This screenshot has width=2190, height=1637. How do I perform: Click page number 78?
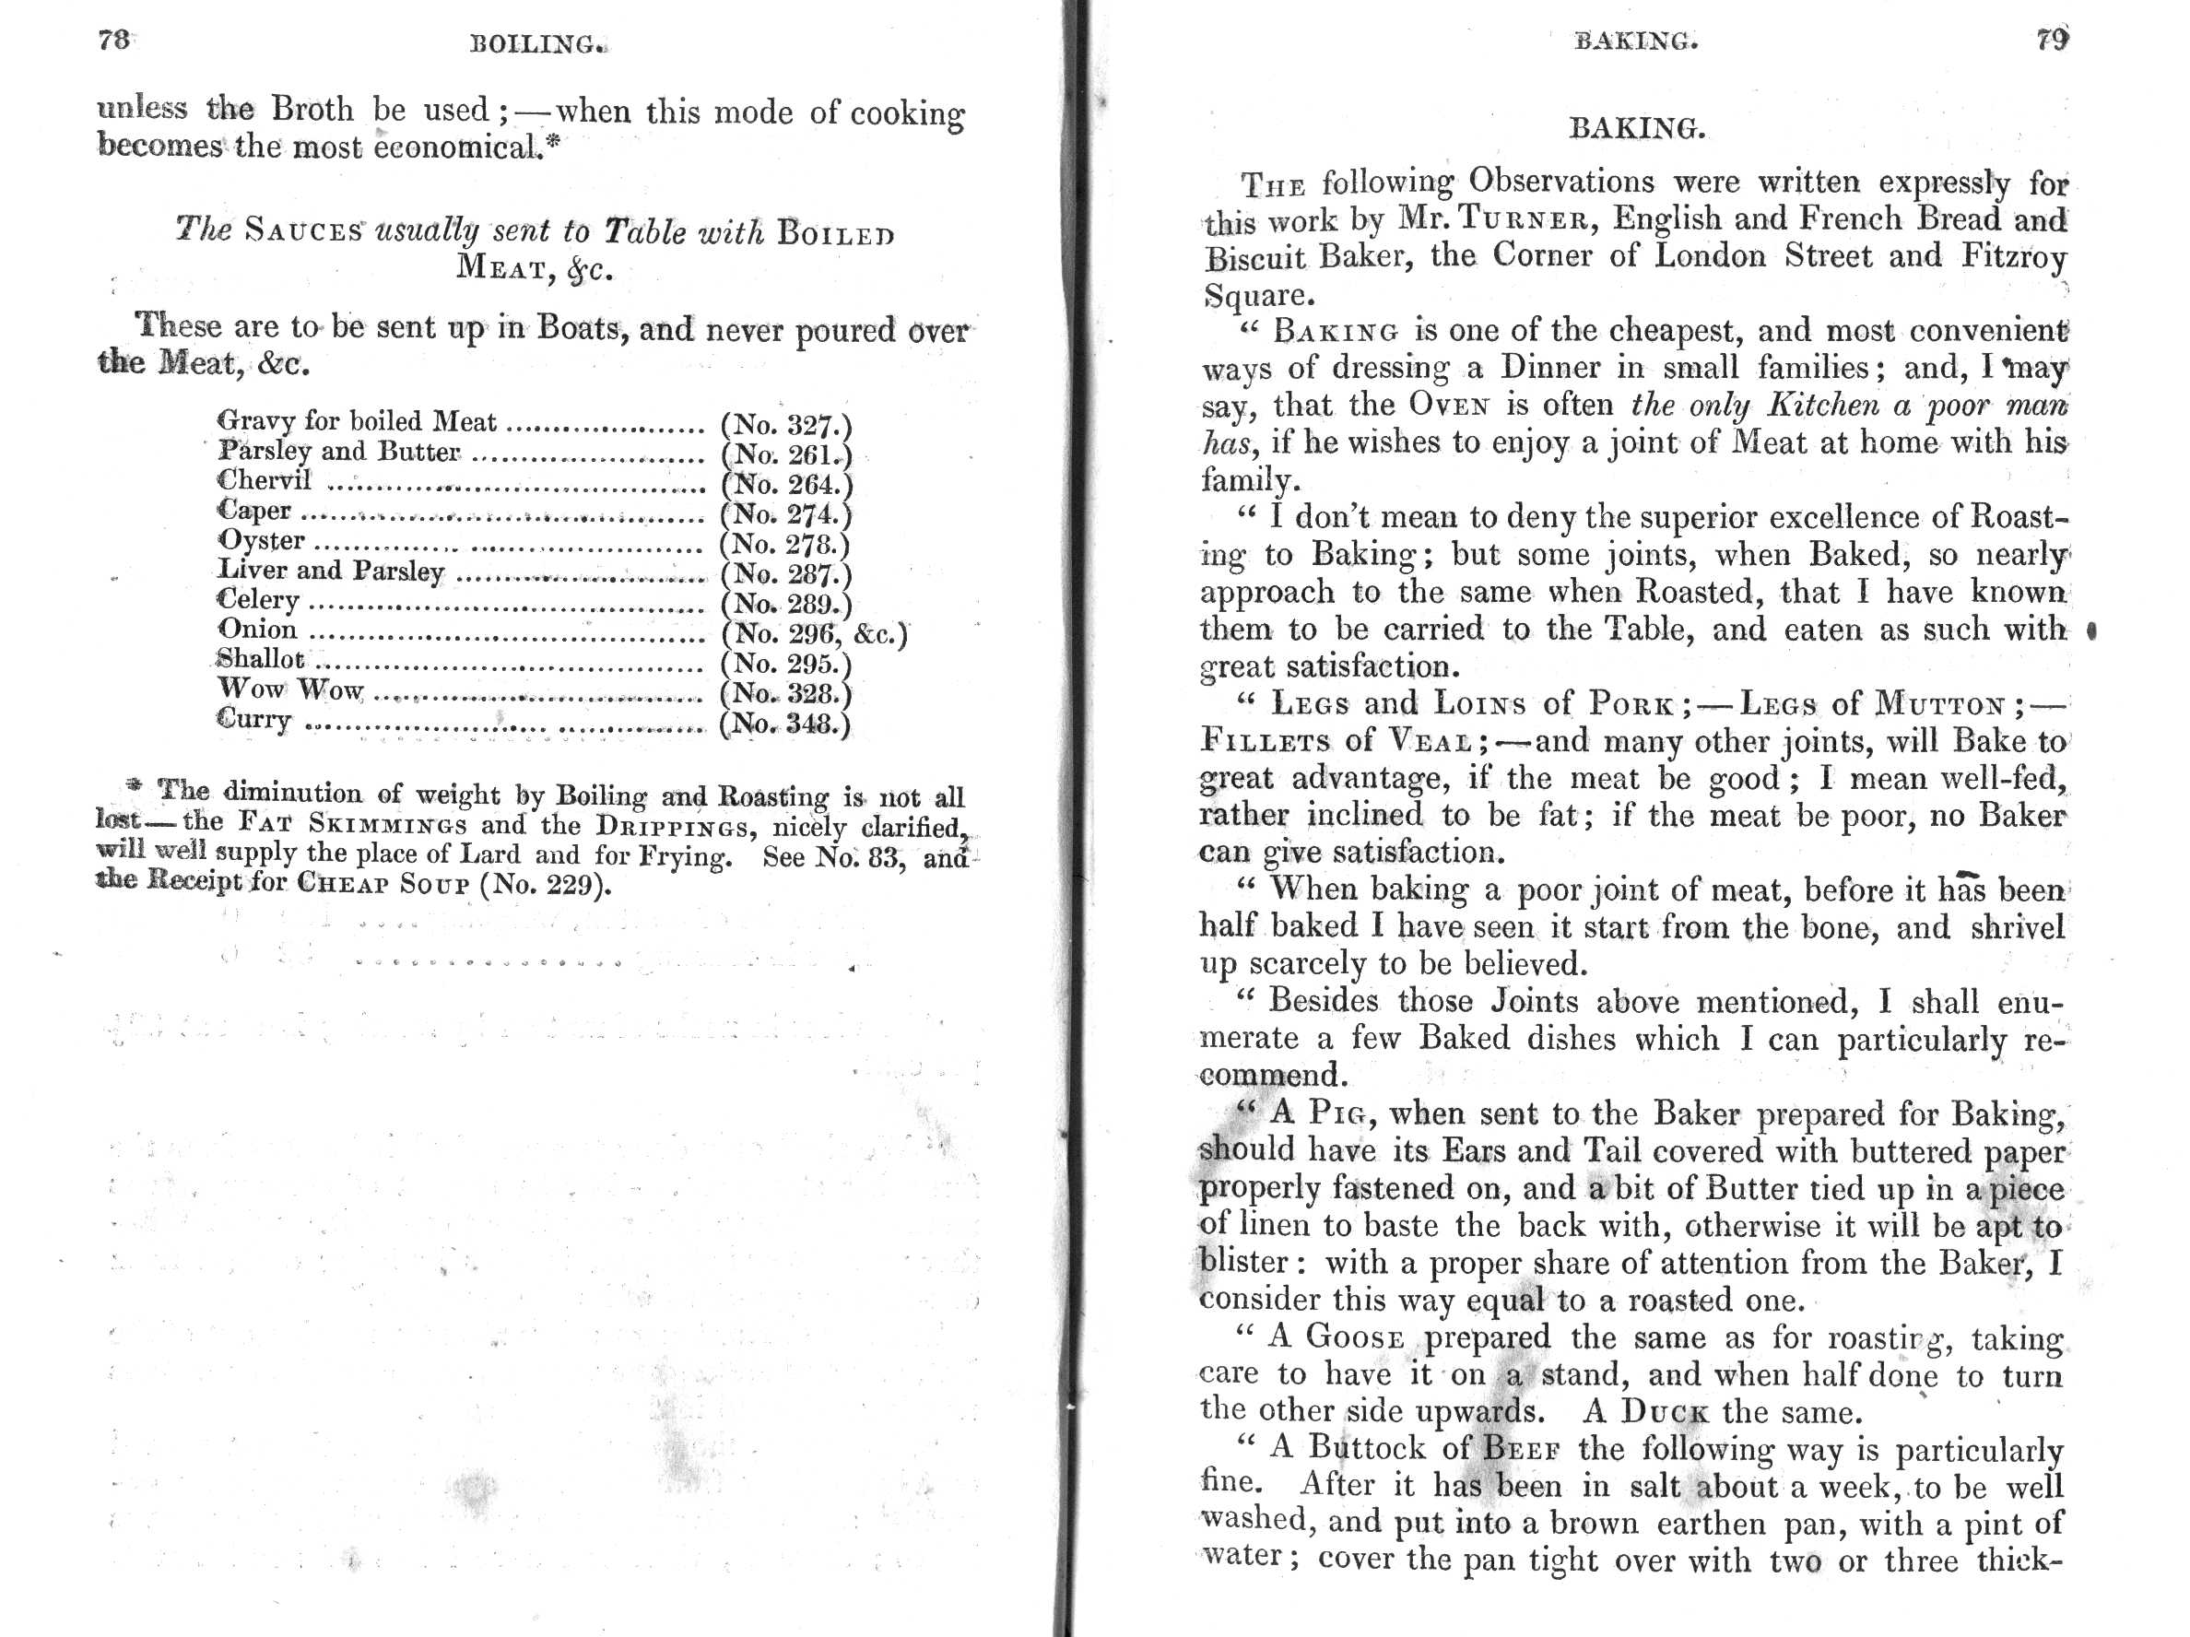coord(114,40)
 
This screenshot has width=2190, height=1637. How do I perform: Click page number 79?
coord(2053,40)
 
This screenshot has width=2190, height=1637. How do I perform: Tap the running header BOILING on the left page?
coord(536,44)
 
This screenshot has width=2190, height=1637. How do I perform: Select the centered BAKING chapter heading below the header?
coord(1637,129)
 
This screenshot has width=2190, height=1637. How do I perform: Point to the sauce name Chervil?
coord(264,480)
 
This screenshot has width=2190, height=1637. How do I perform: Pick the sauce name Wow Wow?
coord(290,689)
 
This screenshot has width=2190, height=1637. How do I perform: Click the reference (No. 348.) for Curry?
coord(785,724)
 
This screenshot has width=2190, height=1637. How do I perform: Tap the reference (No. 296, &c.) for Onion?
coord(814,634)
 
